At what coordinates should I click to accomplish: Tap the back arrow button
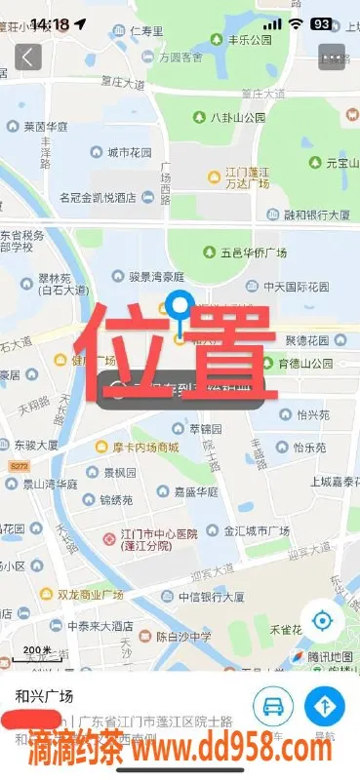click(27, 57)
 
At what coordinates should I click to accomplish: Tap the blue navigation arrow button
click(325, 707)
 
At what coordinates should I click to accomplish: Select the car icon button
click(274, 707)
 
